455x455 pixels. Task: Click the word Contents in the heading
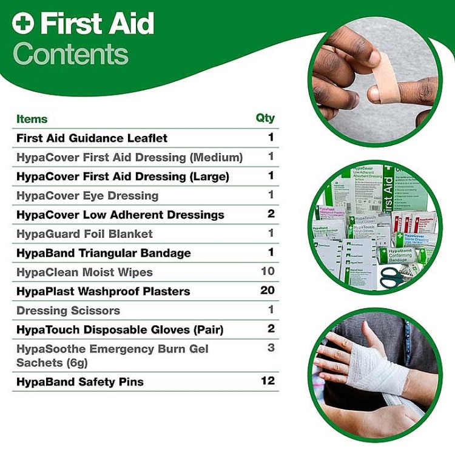tap(70, 54)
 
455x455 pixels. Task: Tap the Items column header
tap(32, 119)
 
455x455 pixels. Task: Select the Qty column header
tap(265, 118)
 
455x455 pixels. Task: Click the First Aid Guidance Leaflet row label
tap(92, 138)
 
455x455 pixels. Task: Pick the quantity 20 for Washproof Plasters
tap(268, 291)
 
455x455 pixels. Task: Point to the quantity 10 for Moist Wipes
tap(268, 271)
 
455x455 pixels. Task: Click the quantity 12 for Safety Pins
tap(268, 381)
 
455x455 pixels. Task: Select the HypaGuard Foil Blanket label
tap(84, 234)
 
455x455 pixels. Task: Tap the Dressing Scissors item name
tap(68, 311)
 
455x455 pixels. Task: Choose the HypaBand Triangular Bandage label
tap(103, 253)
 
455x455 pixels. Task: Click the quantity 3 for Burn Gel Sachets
tap(271, 348)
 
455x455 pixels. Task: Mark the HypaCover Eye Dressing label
tap(87, 196)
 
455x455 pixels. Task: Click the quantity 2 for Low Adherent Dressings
tap(271, 214)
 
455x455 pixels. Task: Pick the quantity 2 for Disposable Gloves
tap(271, 329)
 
